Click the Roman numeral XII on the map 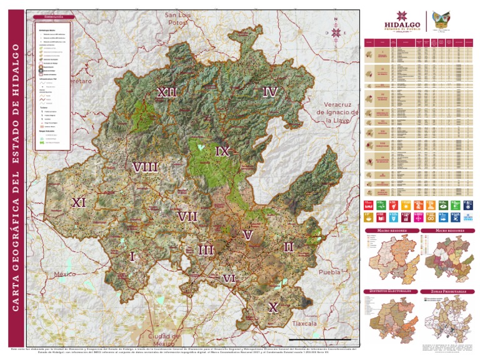[167, 92]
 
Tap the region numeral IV [269, 92]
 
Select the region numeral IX [222, 151]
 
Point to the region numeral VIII [145, 167]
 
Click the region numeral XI [79, 202]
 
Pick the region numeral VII [187, 216]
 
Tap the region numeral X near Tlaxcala [272, 307]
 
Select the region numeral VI [229, 278]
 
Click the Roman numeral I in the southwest [132, 256]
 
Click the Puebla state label [329, 272]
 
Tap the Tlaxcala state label [306, 324]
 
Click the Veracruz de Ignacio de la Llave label [337, 112]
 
